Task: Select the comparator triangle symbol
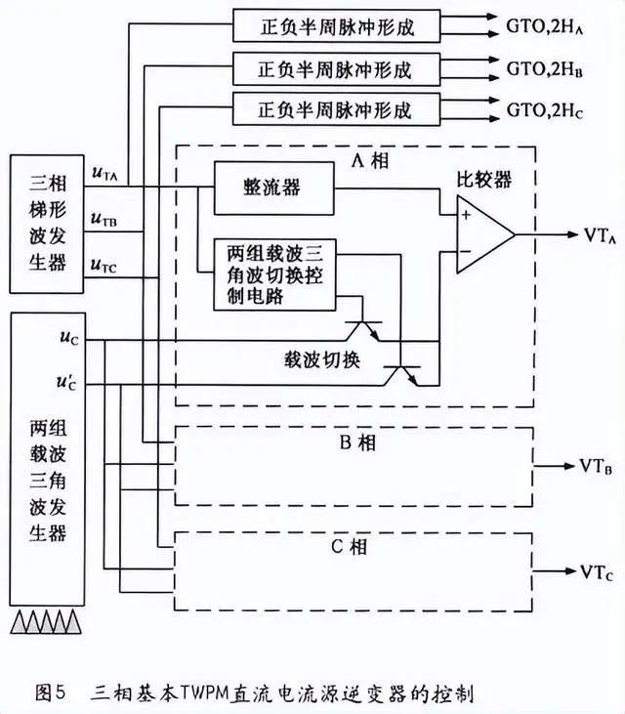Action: (x=482, y=236)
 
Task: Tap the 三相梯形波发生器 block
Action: (x=40, y=223)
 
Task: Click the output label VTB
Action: (x=596, y=465)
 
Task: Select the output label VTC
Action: (x=596, y=571)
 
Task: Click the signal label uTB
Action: (x=104, y=220)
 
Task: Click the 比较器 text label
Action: (x=482, y=180)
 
